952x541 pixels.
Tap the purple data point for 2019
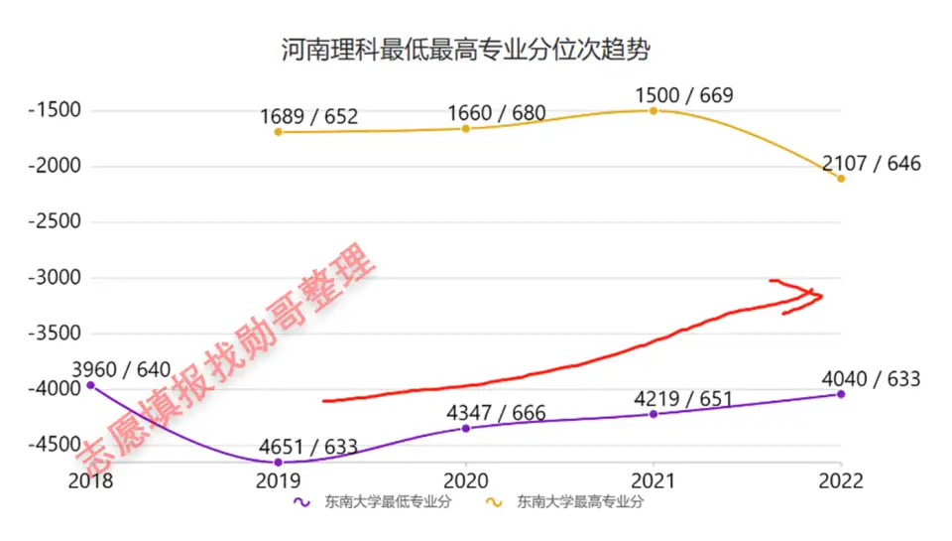(x=278, y=463)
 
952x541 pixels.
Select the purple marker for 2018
(x=90, y=384)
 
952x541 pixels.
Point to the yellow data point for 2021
(x=654, y=110)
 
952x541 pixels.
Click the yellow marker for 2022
(x=841, y=179)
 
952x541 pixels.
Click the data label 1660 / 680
(x=496, y=113)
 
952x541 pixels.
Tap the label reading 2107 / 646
(x=871, y=163)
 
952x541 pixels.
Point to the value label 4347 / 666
(x=496, y=413)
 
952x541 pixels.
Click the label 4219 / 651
(x=683, y=400)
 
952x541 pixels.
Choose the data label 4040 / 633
(x=871, y=379)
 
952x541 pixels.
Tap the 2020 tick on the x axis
(x=465, y=481)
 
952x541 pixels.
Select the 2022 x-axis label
(x=840, y=481)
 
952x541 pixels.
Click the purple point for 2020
(x=465, y=428)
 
